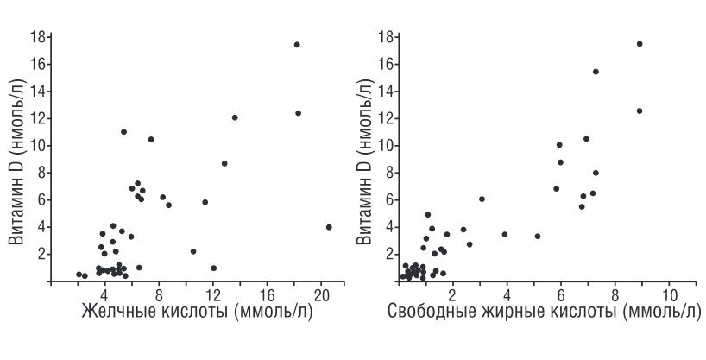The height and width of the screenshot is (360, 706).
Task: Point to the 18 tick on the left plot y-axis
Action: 38,37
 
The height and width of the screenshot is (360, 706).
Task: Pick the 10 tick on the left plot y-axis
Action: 38,145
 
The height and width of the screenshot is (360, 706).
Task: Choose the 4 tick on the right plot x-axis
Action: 507,292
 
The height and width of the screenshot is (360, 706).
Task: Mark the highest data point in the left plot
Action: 297,44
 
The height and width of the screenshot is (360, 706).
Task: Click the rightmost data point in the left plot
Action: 329,227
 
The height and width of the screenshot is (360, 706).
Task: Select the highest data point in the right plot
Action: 640,43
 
